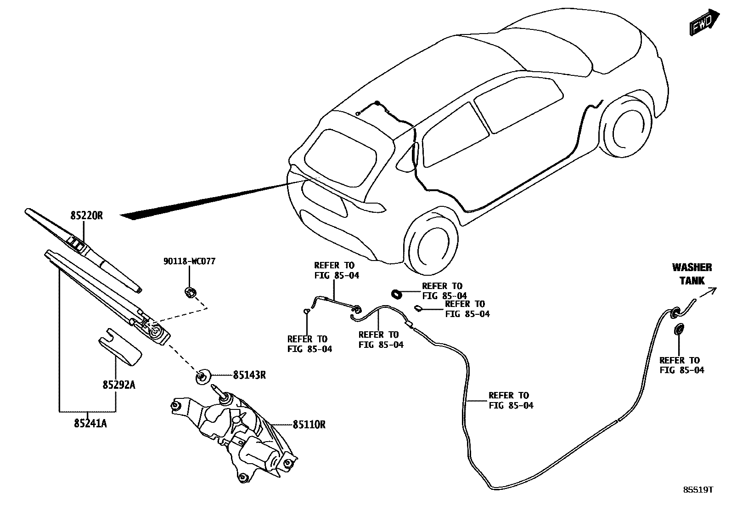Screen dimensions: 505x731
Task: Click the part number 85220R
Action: (86, 215)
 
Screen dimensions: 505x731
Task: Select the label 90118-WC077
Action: (189, 261)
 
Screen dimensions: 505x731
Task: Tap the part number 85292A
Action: (118, 385)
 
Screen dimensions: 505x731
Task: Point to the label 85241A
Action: (90, 424)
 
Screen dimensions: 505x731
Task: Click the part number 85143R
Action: (249, 375)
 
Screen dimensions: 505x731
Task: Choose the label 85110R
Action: (309, 425)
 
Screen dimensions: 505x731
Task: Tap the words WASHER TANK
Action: (692, 274)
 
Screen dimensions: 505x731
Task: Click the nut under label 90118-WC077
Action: (189, 291)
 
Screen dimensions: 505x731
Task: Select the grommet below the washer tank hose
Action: (679, 329)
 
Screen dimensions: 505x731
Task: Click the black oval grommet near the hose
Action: (397, 293)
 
